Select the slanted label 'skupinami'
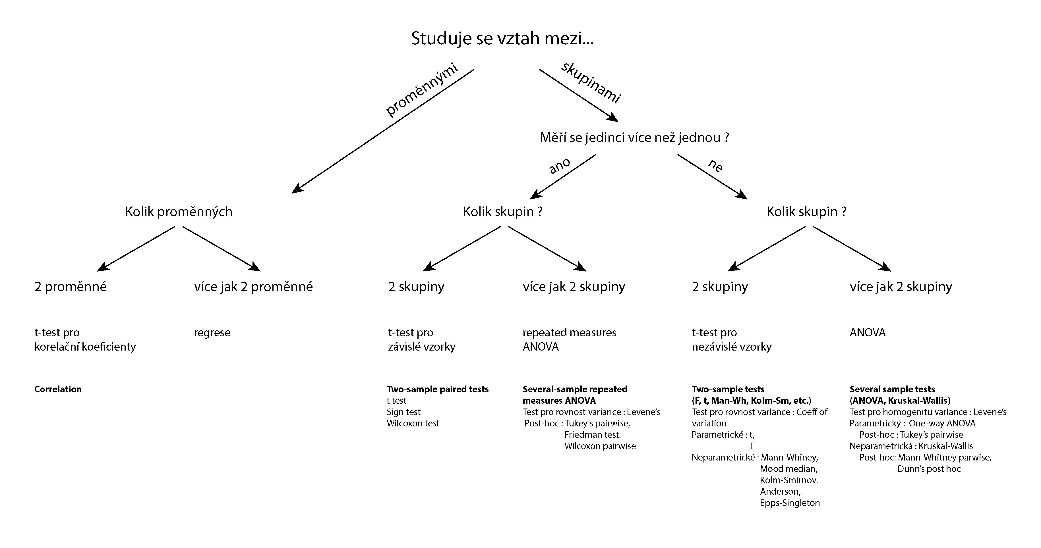coord(591,83)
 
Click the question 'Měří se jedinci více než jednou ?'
coord(634,138)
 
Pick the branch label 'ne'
coord(715,166)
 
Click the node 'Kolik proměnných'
coord(179,212)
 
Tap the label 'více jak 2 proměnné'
coord(253,287)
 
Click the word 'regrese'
coord(212,333)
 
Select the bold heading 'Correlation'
coord(58,389)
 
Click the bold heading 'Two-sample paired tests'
coord(438,389)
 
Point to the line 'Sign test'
coord(404,412)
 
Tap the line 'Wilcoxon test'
coord(413,423)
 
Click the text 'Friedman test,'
coord(592,435)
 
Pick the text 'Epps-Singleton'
coord(790,503)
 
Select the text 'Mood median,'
coord(789,469)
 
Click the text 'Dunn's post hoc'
coord(929,469)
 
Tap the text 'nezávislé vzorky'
coord(731,347)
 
